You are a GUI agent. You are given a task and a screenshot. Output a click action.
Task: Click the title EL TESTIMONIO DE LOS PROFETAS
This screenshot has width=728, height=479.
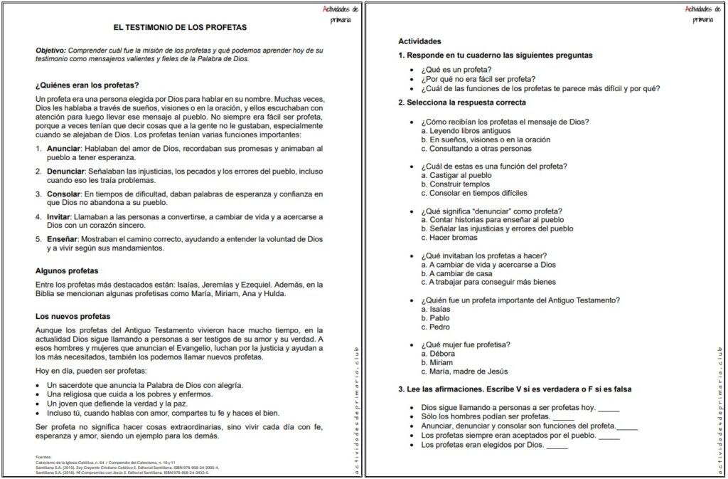(180, 28)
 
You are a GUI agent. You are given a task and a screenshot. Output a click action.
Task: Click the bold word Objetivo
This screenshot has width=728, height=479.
(53, 51)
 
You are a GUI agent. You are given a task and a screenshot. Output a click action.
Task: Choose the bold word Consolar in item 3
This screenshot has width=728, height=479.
(63, 194)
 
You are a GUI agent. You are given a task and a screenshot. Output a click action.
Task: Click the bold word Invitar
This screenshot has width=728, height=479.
(60, 216)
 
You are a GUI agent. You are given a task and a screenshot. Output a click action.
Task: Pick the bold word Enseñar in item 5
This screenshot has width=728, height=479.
(62, 239)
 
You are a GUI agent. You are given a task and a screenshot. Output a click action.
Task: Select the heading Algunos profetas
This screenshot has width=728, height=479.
(67, 270)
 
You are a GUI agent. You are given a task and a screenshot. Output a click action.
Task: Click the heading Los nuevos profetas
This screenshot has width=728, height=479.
(73, 316)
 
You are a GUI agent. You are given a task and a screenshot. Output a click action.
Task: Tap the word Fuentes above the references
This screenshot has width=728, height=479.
(44, 456)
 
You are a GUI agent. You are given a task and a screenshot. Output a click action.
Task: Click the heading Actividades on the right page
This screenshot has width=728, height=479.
(419, 41)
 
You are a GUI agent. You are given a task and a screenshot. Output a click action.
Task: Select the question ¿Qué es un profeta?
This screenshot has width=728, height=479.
(456, 69)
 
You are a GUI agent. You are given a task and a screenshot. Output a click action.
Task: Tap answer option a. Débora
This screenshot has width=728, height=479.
(439, 354)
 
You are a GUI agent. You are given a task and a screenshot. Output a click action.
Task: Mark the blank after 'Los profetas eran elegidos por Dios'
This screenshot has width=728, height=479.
(557, 446)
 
